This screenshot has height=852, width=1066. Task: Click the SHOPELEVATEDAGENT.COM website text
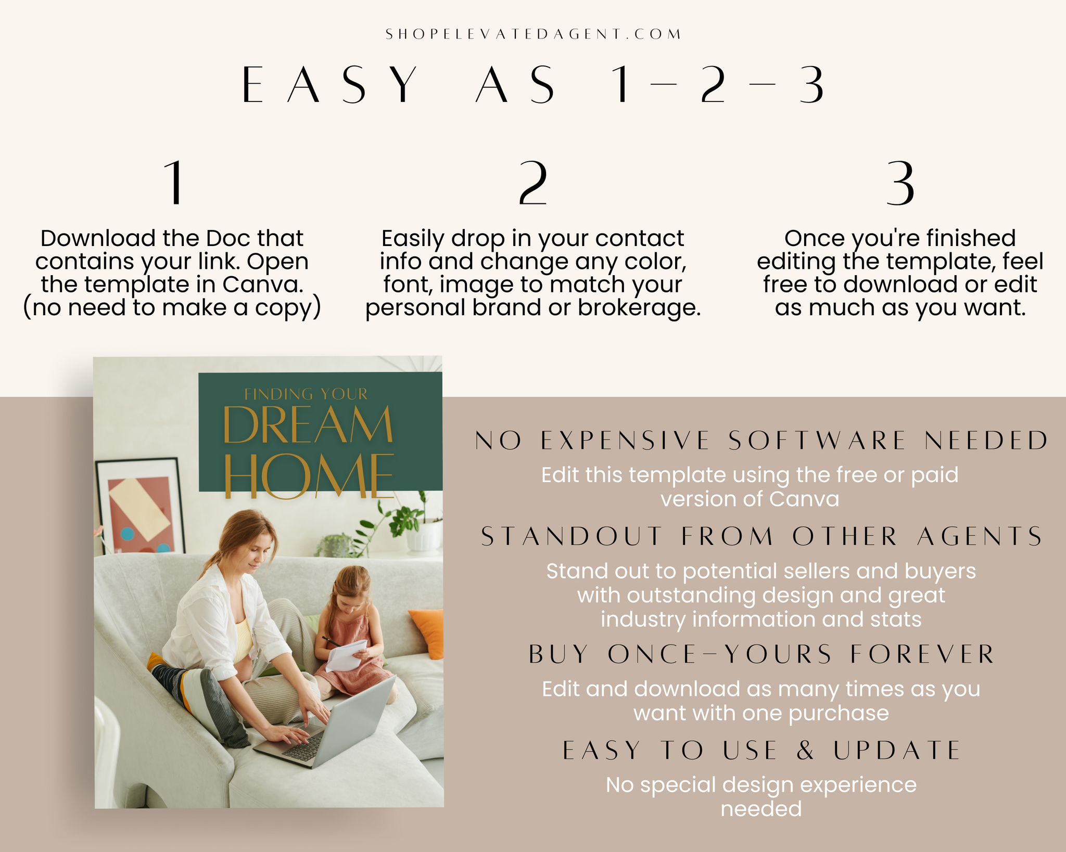tap(533, 34)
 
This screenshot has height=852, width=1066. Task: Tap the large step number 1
tap(174, 183)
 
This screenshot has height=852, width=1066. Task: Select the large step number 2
tap(533, 183)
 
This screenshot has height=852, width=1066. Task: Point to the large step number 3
tap(900, 183)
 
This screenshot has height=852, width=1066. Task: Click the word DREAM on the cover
tap(308, 425)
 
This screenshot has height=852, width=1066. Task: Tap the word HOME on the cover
tap(309, 475)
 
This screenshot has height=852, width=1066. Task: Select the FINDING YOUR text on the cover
tap(306, 394)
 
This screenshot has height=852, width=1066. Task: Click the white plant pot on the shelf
tap(423, 536)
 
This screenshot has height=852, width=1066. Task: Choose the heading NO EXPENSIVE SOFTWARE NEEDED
tap(762, 441)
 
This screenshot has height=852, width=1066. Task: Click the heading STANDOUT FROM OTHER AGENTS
tap(762, 536)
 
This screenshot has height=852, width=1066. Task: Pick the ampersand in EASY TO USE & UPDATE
tap(805, 750)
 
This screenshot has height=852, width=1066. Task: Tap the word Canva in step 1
tap(263, 284)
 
